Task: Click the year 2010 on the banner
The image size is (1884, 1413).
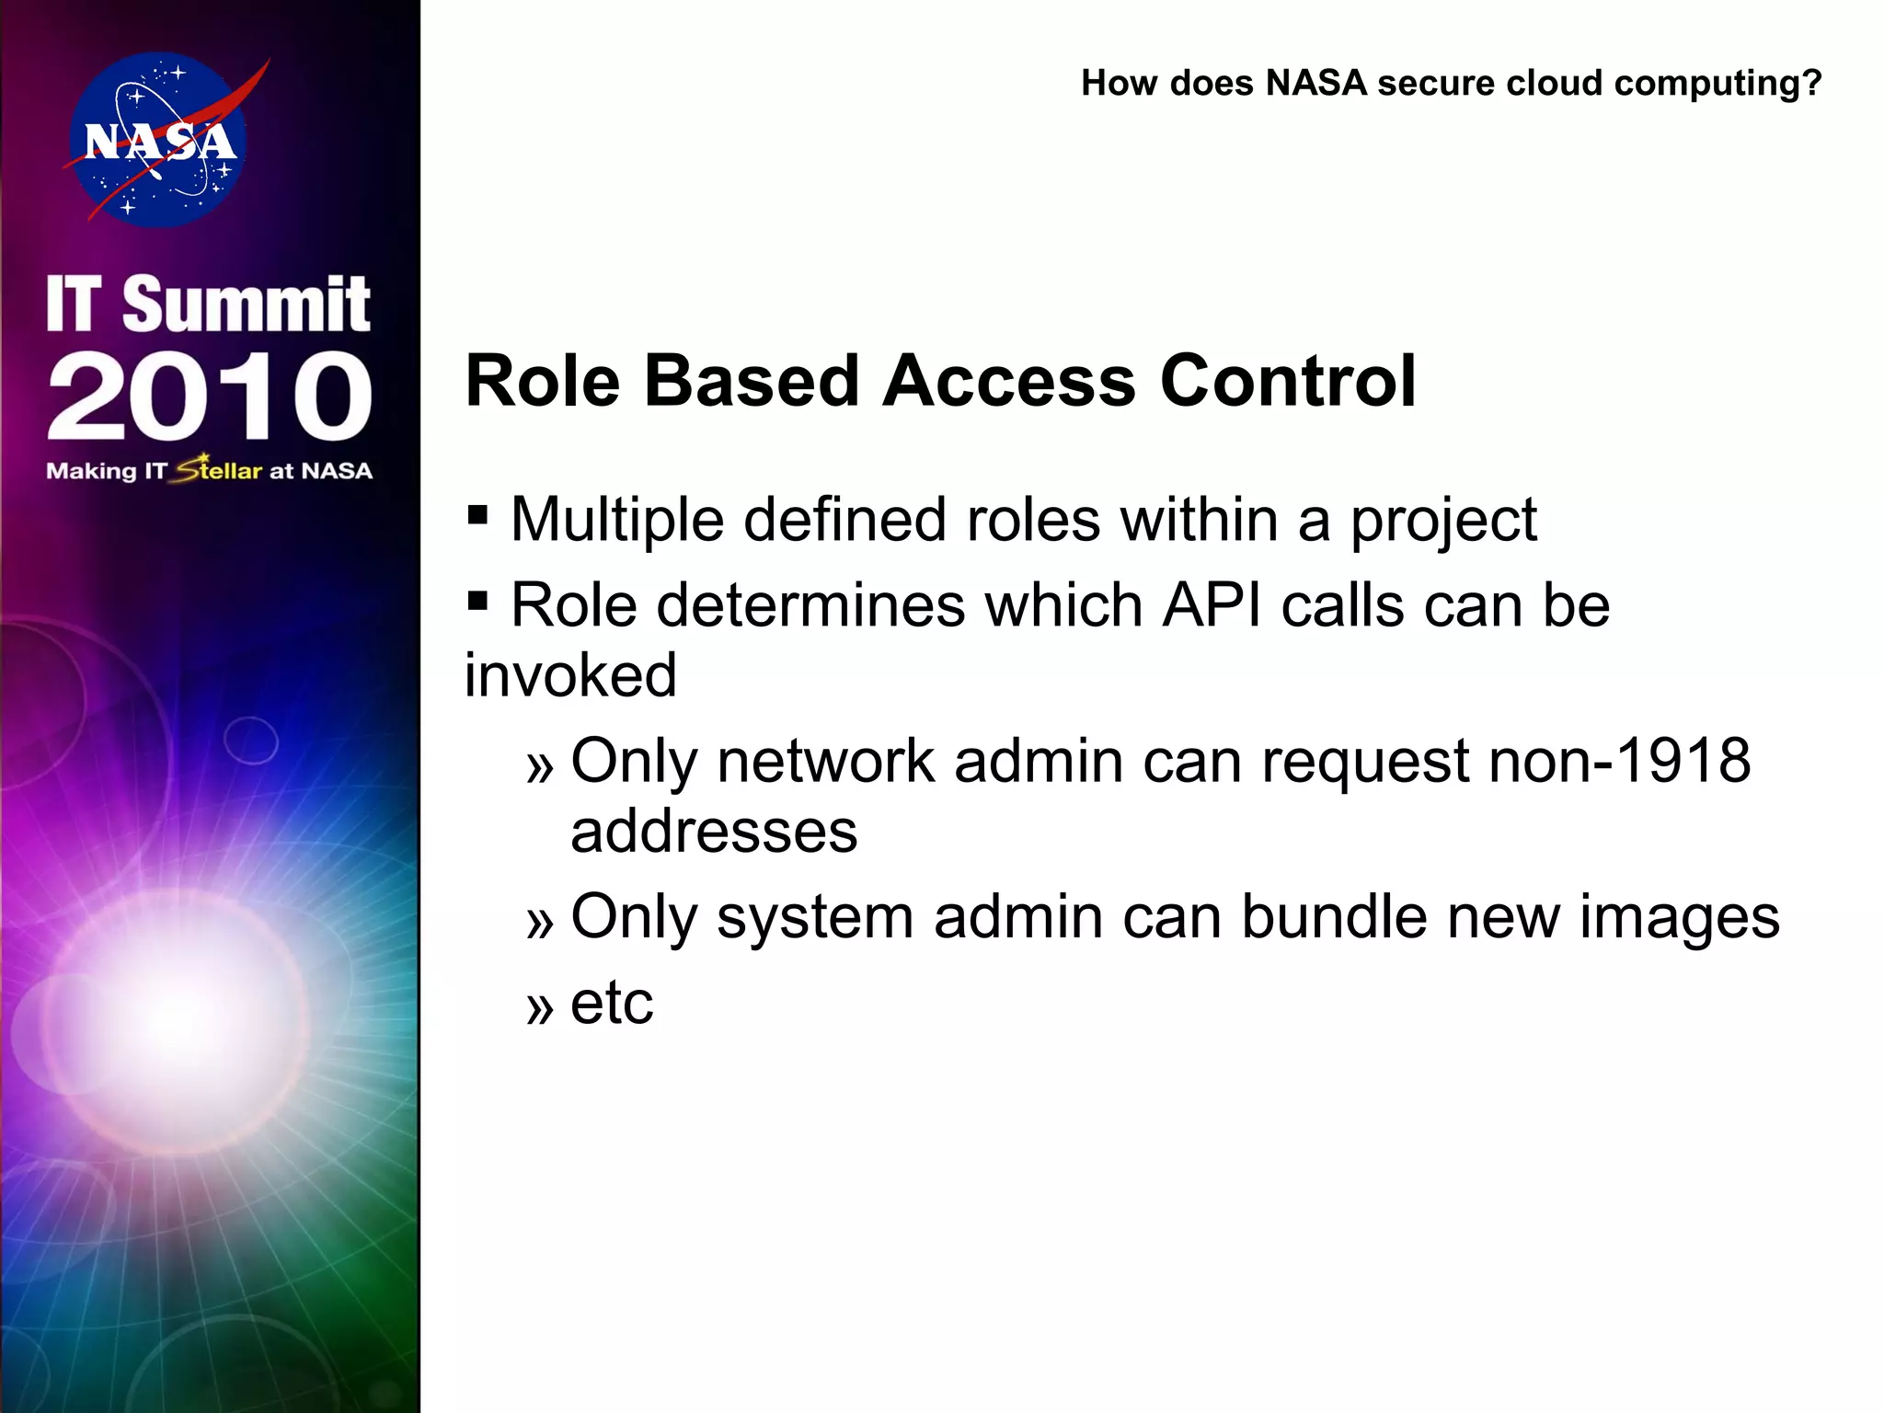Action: pyautogui.click(x=209, y=396)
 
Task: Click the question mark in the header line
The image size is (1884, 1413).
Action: pyautogui.click(x=1811, y=83)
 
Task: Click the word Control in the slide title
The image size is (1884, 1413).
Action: pyautogui.click(x=1288, y=381)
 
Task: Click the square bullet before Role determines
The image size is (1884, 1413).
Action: pyautogui.click(x=477, y=602)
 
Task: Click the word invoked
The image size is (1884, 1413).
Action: pyautogui.click(x=570, y=675)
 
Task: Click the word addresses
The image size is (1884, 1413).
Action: pyautogui.click(x=714, y=832)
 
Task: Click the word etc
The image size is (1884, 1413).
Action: pyautogui.click(x=612, y=1003)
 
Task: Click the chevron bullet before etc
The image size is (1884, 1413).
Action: pyautogui.click(x=540, y=1008)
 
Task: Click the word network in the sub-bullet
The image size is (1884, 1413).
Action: pyautogui.click(x=825, y=761)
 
